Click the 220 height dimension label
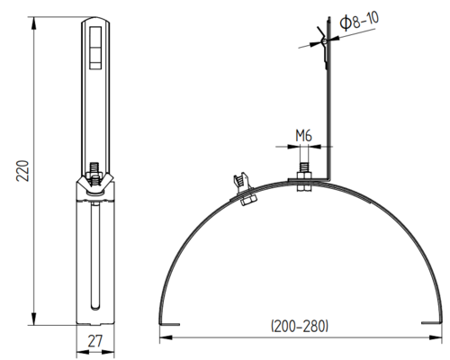coord(22,171)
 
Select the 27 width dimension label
coord(95,341)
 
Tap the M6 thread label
coord(303,136)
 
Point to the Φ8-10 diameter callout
coord(359,21)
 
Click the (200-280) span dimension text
coord(300,326)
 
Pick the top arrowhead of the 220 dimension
coord(34,23)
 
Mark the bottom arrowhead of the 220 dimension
coord(34,319)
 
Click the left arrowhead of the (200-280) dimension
coord(166,337)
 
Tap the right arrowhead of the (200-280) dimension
coord(436,337)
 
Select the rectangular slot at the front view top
coord(95,48)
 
